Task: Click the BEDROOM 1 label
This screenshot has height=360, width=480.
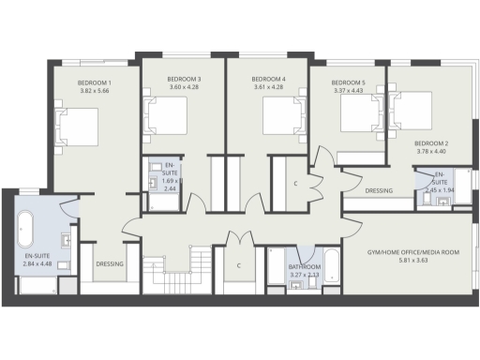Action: (x=95, y=82)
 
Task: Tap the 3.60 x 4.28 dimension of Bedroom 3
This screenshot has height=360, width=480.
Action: (x=185, y=87)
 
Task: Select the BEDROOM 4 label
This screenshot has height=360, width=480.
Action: (x=268, y=79)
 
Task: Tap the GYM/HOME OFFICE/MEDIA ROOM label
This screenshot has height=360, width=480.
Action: (x=412, y=252)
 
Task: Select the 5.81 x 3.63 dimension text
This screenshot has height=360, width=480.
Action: (x=412, y=261)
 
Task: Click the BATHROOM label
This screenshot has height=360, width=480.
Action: (x=304, y=267)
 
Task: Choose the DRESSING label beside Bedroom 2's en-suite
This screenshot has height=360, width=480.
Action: (x=378, y=190)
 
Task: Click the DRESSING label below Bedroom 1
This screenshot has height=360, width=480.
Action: (x=110, y=264)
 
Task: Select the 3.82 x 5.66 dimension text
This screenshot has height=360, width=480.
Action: (x=95, y=91)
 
